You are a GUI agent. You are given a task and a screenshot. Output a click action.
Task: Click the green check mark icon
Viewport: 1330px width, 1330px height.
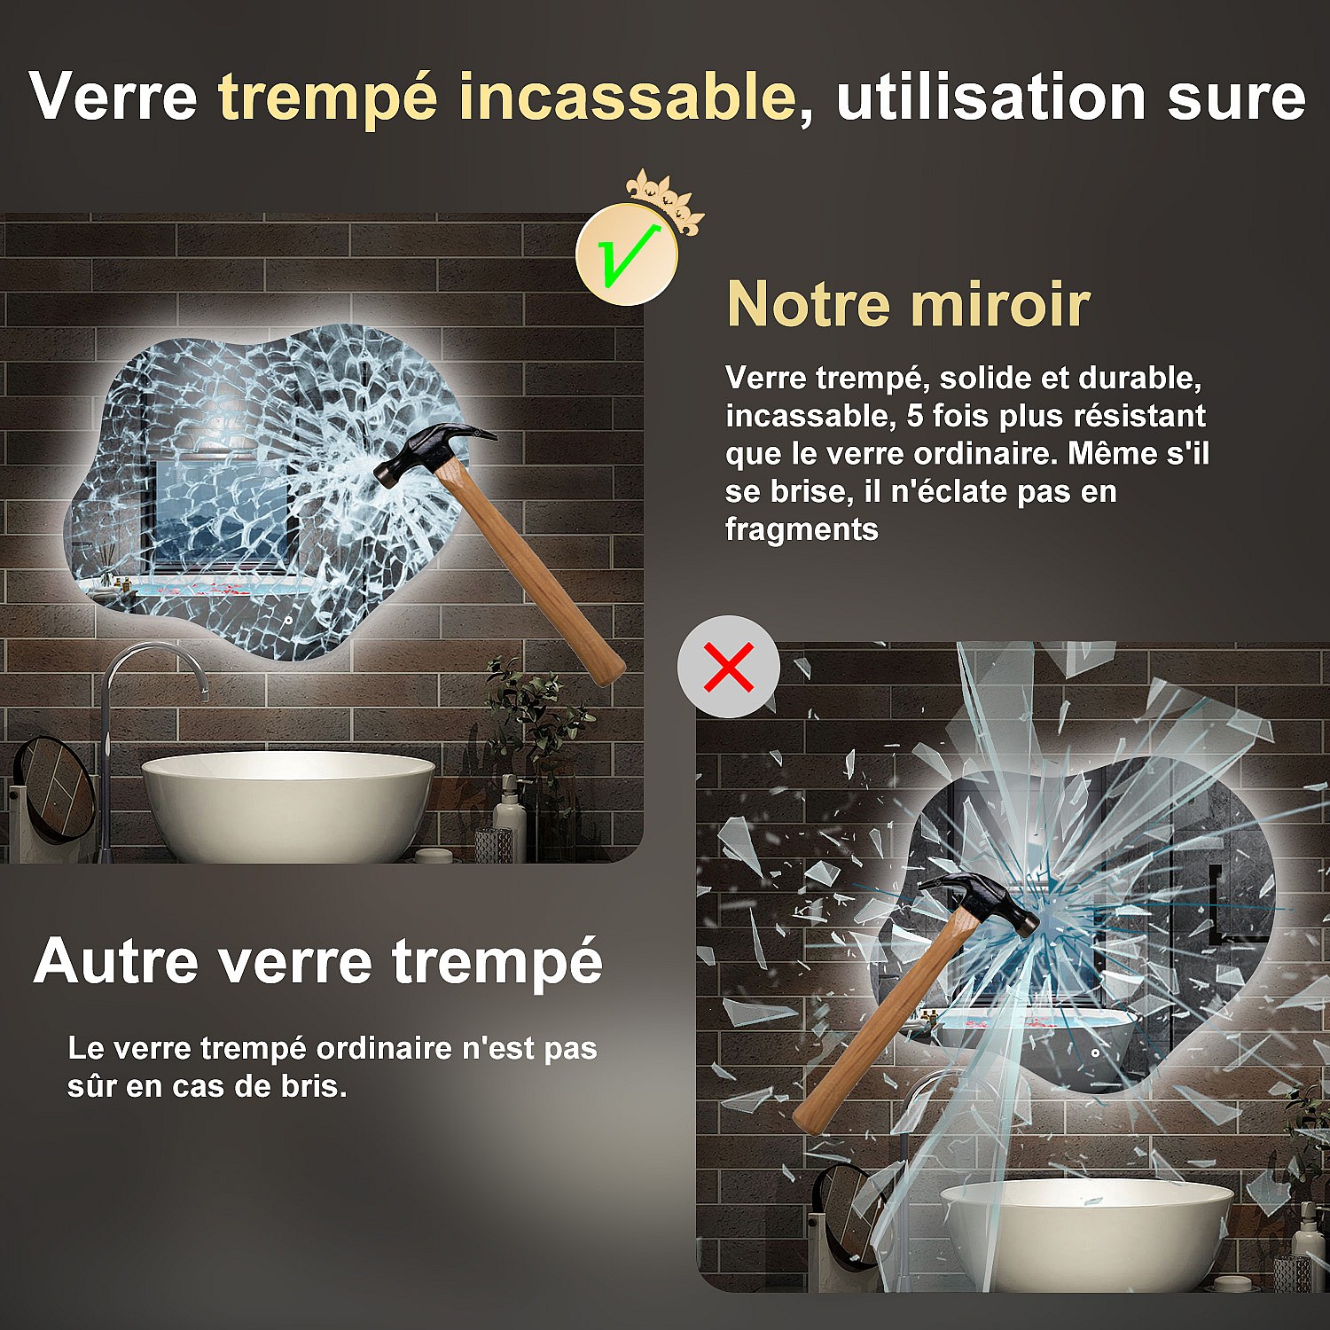[x=627, y=255]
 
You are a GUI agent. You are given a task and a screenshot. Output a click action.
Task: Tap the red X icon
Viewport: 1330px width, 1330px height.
[x=729, y=667]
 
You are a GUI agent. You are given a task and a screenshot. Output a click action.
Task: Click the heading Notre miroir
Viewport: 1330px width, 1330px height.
[x=908, y=304]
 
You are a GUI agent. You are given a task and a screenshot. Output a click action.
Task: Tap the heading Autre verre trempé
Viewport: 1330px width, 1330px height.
[x=317, y=962]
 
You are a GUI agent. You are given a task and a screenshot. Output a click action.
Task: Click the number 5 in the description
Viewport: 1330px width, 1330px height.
[x=914, y=416]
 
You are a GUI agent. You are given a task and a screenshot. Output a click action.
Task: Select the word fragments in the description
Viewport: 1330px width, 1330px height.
[x=802, y=529]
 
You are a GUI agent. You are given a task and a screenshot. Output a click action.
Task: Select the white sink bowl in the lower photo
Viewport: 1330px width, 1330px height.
[x=1086, y=1232]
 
